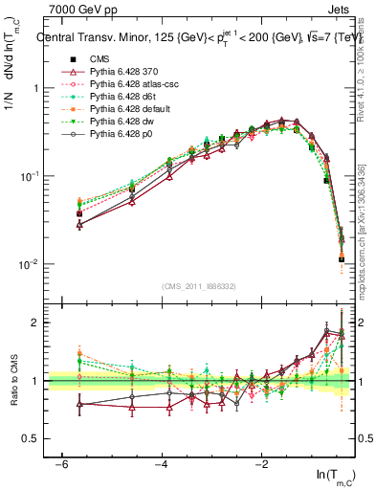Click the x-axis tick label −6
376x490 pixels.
[60, 464]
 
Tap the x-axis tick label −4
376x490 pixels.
[161, 464]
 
